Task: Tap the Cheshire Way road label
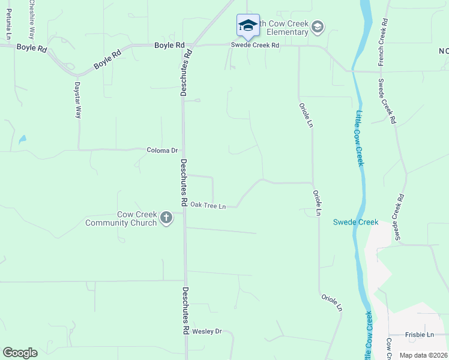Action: (x=32, y=20)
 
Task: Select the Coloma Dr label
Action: (x=163, y=150)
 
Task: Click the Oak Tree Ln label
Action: (x=208, y=206)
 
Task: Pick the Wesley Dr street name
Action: (x=207, y=331)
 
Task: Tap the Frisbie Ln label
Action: (x=420, y=334)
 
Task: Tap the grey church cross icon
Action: (x=166, y=220)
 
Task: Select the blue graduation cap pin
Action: (x=248, y=25)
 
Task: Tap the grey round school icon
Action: (x=318, y=26)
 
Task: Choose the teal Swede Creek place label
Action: (x=356, y=222)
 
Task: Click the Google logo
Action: (x=20, y=353)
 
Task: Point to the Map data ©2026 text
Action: (x=423, y=355)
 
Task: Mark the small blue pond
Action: (x=22, y=139)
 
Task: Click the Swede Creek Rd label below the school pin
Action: (x=256, y=45)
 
